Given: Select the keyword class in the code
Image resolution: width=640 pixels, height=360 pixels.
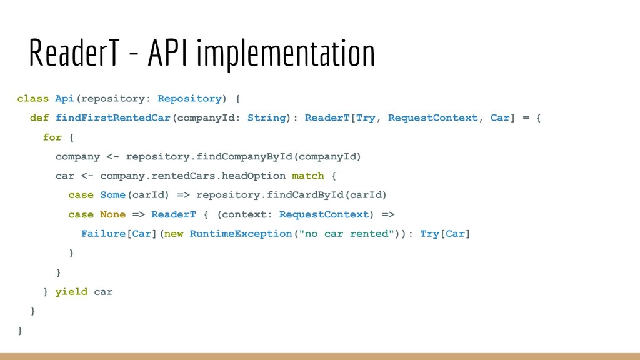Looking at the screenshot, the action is pos(33,99).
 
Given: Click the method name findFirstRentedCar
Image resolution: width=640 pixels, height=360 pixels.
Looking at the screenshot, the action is pos(113,118).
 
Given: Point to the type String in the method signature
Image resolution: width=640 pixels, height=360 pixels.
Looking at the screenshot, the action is pos(266,118).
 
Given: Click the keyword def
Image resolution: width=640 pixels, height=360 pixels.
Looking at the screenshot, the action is pos(39,118).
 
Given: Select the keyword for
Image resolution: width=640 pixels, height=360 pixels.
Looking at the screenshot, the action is pos(52,137).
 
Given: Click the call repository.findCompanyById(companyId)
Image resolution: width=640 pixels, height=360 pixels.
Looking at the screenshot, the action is pos(244,157).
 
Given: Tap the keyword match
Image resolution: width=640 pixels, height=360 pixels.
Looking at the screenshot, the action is pos(308,176).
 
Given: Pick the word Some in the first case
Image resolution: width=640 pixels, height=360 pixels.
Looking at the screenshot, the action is pos(113,196).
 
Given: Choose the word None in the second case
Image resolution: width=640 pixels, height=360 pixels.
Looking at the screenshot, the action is pos(113,215).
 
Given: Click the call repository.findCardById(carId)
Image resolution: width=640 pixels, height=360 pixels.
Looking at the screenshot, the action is pos(292,196).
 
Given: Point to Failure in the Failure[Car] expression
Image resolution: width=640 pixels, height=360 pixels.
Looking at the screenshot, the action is pos(104,234).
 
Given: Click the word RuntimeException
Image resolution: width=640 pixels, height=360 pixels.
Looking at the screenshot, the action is pos(241,234).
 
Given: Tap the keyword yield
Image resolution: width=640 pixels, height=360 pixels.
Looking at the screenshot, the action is pos(71,292).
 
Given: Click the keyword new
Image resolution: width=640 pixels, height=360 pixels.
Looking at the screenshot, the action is pos(174,234).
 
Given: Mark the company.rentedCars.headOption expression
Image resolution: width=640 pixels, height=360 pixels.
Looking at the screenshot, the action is pos(192,176).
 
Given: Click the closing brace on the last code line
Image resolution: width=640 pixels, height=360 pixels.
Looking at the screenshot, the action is pos(21,331).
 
